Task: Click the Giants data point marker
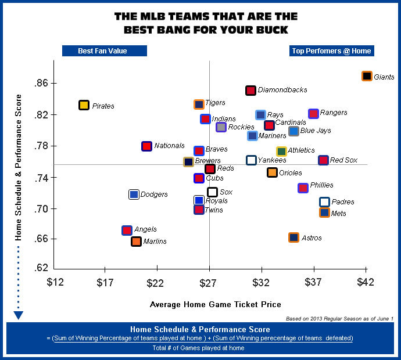pos(367,76)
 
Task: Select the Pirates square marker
pos(84,105)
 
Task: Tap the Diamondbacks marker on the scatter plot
pos(250,90)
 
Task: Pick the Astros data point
pos(293,237)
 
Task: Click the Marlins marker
pos(136,241)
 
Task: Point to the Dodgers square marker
pos(134,195)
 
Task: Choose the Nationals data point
pos(146,146)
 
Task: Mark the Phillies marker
pos(303,188)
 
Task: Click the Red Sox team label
pos(343,160)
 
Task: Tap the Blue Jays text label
pos(316,131)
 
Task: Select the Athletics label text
pos(301,150)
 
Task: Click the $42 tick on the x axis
pos(366,283)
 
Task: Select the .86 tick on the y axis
pos(42,84)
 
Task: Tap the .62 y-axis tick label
pos(42,268)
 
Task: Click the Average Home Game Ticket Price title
pos(216,304)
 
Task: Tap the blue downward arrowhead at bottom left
pos(19,315)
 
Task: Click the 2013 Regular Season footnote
pos(339,319)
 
